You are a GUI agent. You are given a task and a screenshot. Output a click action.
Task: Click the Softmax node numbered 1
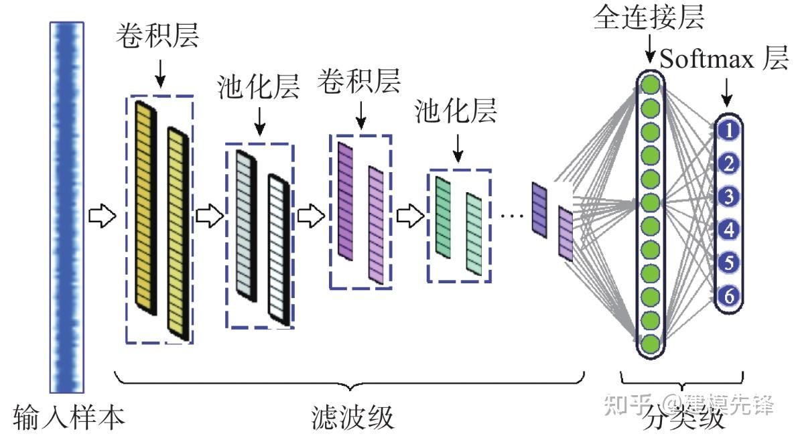tap(729, 130)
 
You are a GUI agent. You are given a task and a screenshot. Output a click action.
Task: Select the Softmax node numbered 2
tap(729, 163)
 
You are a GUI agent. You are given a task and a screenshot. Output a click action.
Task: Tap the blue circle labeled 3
tap(729, 196)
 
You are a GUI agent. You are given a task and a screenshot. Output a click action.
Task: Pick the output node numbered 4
tap(729, 230)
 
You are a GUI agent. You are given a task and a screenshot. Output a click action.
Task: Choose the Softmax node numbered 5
tap(729, 262)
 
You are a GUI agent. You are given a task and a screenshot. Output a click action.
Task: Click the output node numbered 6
tap(729, 295)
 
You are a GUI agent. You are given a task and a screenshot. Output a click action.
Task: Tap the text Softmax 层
tap(724, 60)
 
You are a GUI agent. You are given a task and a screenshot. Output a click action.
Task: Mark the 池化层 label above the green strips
tap(456, 111)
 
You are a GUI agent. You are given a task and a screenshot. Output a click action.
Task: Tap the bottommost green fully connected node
tap(650, 344)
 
